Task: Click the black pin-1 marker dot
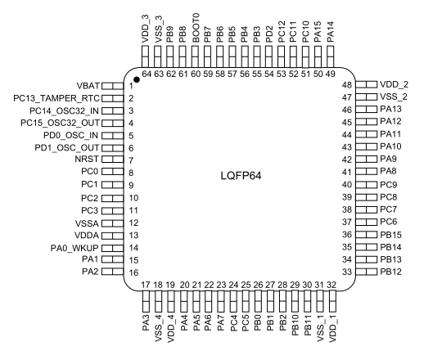[137, 79]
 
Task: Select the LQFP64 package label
[241, 176]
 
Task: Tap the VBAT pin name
[88, 85]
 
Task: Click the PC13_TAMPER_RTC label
[56, 98]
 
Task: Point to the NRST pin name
[87, 160]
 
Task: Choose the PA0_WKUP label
[74, 248]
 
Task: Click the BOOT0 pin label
[196, 28]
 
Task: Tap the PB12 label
[390, 272]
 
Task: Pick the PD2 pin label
[269, 34]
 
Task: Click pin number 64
[147, 74]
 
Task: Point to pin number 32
[331, 285]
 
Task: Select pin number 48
[347, 85]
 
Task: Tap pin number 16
[134, 272]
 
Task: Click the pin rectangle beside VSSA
[112, 223]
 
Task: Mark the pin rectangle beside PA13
[366, 110]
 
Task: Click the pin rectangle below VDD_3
[145, 56]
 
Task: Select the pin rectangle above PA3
[146, 301]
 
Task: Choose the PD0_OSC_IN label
[70, 136]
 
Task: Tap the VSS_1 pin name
[321, 329]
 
